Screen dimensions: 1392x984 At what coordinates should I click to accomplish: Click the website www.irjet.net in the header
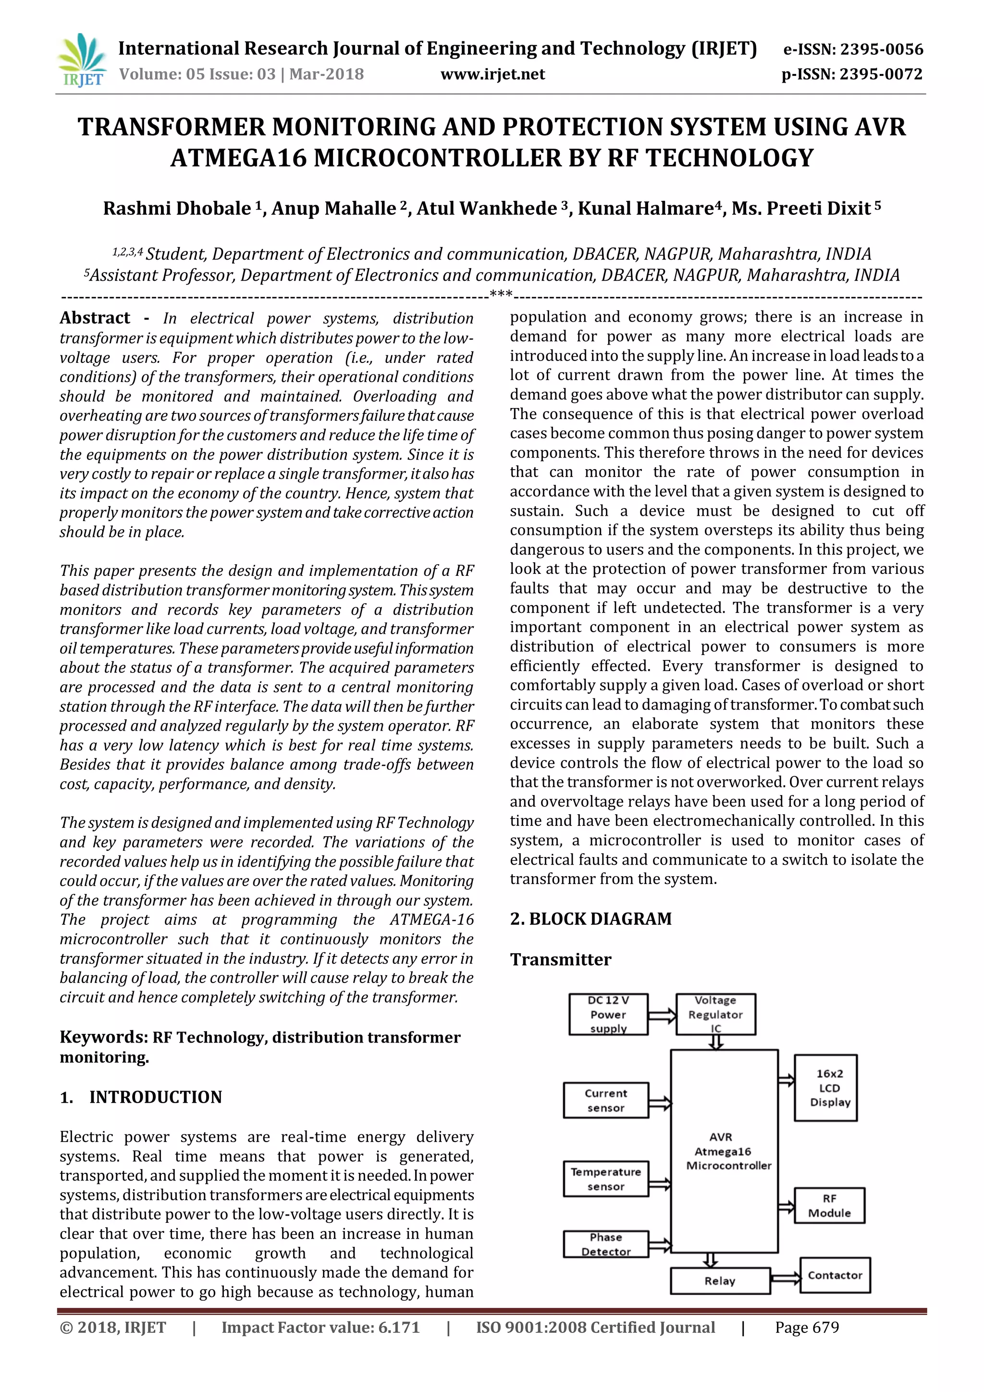[x=492, y=75]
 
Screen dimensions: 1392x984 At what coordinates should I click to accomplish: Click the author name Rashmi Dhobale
[x=177, y=209]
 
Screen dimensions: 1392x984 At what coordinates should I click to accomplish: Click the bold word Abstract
[x=95, y=318]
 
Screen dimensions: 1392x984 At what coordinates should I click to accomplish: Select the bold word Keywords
[x=103, y=1037]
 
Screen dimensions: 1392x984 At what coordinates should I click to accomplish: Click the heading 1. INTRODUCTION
[x=141, y=1097]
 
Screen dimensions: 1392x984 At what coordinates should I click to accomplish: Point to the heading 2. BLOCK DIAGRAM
[x=591, y=919]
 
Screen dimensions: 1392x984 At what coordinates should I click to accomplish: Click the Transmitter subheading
[x=561, y=960]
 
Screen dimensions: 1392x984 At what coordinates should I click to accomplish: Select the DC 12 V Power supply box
[x=608, y=1014]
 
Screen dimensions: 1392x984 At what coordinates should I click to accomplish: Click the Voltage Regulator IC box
[x=715, y=1014]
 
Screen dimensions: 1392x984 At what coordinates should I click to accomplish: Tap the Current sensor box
[x=605, y=1100]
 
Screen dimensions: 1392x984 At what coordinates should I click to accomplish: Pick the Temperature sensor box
[x=605, y=1179]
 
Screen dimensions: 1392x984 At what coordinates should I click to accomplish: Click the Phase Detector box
[x=605, y=1244]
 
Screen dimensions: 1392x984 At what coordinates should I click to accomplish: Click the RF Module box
[x=829, y=1206]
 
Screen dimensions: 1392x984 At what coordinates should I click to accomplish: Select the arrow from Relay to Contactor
[x=785, y=1279]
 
